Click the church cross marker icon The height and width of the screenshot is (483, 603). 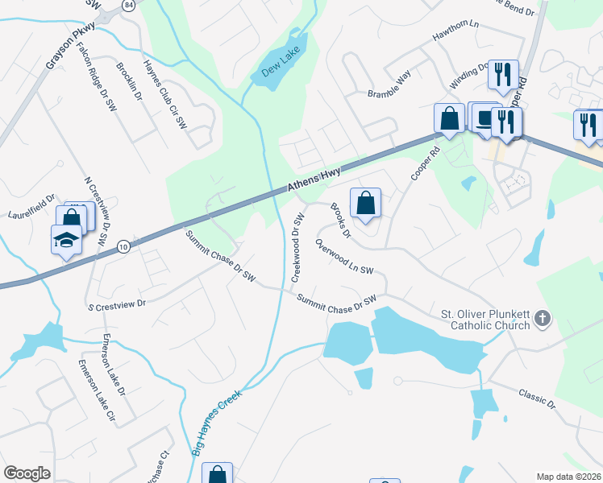543,319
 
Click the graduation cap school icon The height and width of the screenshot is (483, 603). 65,239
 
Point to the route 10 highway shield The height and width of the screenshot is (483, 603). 123,246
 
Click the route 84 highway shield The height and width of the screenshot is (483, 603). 129,6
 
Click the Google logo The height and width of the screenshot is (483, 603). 27,473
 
